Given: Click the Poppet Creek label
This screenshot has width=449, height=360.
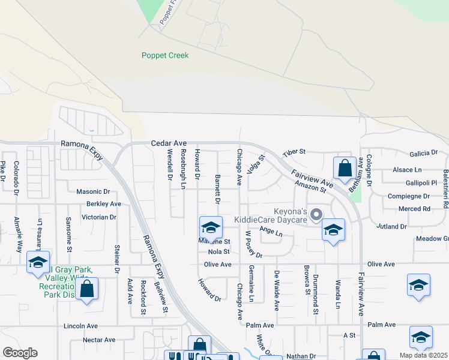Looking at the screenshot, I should (165, 56).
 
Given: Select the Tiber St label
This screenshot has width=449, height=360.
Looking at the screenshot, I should (294, 152).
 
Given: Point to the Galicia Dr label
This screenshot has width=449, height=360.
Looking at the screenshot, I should (424, 154).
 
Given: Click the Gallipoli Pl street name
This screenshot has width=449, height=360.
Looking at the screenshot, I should (421, 182).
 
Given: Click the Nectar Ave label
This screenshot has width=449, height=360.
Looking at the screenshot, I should (99, 340).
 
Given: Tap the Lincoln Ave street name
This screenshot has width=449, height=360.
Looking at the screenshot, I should (80, 326).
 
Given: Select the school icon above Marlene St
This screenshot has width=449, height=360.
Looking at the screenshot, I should (211, 227).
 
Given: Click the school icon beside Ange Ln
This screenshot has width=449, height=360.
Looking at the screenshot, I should (333, 230).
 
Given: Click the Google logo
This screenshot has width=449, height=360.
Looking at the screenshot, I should (19, 353).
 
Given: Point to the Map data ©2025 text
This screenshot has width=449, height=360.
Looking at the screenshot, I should (424, 355).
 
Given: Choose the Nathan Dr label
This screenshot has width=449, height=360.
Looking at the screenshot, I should (301, 356).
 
